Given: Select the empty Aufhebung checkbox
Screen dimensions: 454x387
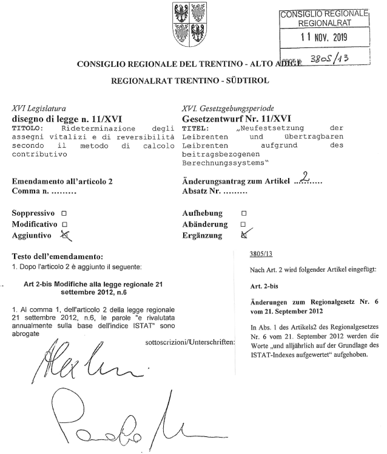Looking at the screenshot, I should [244, 214].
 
